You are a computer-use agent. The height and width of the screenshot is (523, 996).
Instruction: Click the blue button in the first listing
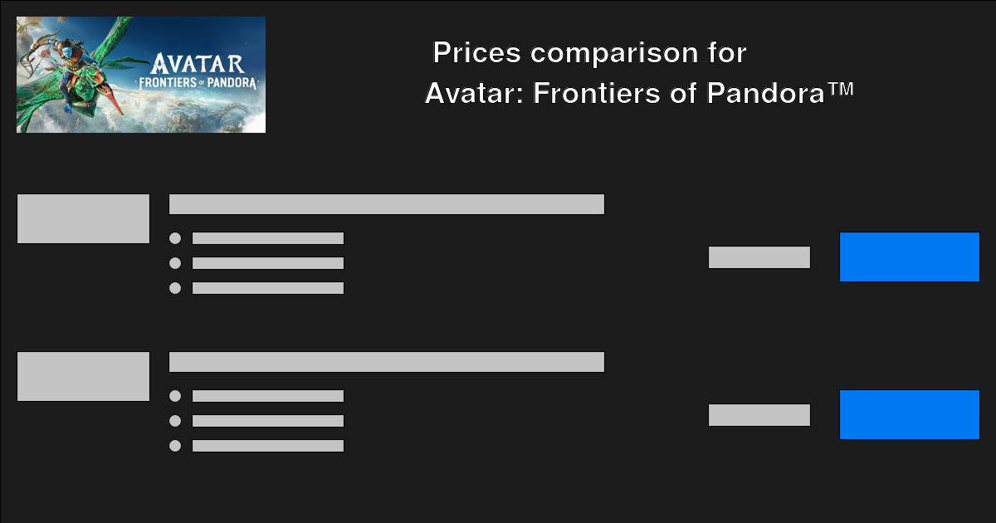coord(910,257)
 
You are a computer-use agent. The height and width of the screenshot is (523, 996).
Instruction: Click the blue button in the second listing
coord(910,415)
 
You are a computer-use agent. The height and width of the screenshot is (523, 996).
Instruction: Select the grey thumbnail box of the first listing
coord(83,219)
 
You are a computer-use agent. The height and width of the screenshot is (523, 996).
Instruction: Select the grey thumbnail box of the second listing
coord(83,377)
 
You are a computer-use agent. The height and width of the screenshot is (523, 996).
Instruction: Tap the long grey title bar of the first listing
coord(387,204)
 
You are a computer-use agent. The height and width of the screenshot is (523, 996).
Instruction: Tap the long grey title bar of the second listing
coord(387,362)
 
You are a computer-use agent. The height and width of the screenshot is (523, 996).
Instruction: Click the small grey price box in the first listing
coord(759,257)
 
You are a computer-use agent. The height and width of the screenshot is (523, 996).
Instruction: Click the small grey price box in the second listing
coord(759,415)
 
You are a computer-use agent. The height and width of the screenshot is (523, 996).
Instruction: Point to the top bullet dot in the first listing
coord(175,238)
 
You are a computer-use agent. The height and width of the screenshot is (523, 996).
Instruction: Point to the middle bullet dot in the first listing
coord(175,263)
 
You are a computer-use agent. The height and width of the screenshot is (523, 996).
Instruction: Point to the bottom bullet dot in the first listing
coord(175,288)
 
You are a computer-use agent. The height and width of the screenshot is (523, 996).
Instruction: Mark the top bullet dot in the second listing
coord(175,396)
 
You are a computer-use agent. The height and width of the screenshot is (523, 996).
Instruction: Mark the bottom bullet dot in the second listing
coord(175,446)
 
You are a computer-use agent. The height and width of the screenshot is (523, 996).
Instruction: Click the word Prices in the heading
coord(477,54)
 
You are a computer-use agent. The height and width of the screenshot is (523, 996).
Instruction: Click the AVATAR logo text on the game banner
coord(198,64)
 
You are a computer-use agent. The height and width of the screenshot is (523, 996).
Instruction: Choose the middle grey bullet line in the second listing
coord(268,421)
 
